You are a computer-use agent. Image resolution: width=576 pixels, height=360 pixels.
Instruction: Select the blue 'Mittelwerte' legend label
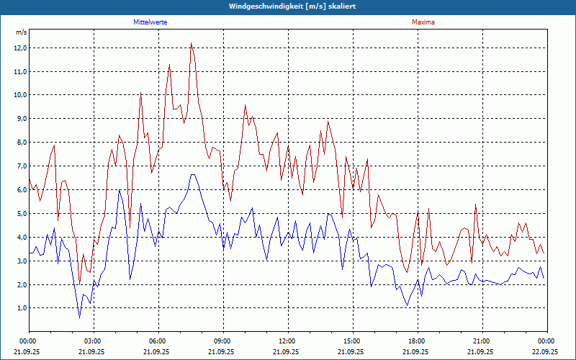(150, 22)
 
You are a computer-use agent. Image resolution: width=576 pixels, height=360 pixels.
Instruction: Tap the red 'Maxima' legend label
(423, 22)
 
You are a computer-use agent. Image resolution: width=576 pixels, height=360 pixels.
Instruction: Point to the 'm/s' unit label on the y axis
(21, 32)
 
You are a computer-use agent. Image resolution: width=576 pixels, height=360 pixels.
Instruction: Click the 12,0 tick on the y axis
(19, 48)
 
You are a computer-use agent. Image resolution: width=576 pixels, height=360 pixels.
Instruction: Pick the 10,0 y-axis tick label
(19, 95)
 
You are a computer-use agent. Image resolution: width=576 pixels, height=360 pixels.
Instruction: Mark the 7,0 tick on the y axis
(21, 166)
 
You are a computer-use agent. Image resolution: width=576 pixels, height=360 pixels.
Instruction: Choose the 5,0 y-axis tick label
(21, 214)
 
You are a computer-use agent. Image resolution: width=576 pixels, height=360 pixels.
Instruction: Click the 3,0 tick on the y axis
(21, 261)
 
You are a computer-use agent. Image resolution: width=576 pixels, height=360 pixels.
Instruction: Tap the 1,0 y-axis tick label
(21, 308)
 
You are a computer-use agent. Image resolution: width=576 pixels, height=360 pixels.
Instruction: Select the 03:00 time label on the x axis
(93, 341)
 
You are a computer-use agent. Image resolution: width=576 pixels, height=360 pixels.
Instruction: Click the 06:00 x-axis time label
(158, 341)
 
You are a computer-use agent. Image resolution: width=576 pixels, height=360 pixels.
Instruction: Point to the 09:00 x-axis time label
(222, 341)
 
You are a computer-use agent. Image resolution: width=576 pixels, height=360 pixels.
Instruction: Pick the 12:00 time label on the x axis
(287, 341)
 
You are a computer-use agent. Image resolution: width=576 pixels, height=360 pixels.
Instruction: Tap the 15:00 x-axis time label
(352, 341)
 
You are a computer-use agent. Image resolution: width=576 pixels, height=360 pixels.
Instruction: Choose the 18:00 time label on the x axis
(417, 341)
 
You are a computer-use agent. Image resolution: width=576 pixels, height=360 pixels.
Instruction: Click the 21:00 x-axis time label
(482, 341)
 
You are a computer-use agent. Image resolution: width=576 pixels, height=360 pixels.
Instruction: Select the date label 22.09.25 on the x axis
(546, 352)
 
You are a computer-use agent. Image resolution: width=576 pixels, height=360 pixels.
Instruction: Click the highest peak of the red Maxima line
(191, 43)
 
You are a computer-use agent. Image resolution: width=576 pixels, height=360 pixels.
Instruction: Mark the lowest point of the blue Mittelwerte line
(80, 317)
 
